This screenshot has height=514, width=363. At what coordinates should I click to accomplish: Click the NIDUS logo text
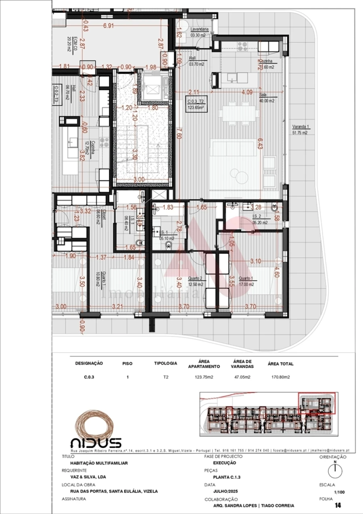tap(96, 443)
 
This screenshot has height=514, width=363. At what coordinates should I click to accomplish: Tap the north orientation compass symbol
tap(335, 469)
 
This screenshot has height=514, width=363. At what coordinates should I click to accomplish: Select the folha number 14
tap(338, 505)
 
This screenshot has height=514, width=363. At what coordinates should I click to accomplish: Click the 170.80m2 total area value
tap(280, 378)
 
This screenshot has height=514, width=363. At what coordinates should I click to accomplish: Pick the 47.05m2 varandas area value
tap(242, 378)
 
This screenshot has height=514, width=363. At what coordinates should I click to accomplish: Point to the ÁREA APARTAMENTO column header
tap(204, 364)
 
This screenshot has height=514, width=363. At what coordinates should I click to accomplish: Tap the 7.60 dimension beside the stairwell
tap(179, 133)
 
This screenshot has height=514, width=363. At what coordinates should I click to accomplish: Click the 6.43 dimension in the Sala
tap(260, 143)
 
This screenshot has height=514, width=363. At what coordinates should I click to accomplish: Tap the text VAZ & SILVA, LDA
tap(85, 477)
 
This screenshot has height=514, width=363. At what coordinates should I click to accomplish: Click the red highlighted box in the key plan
tap(317, 403)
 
